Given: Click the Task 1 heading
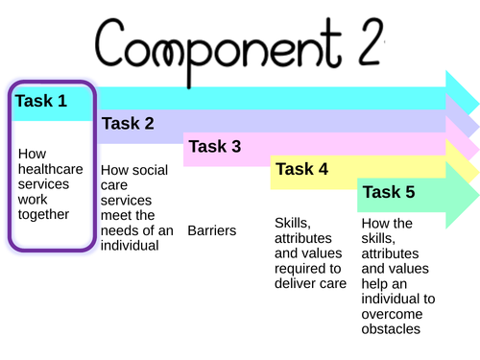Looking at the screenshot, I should (x=42, y=100).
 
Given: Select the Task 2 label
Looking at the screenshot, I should (x=128, y=123).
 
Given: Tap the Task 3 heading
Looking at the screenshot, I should (x=215, y=146).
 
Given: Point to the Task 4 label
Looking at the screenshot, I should (x=301, y=169).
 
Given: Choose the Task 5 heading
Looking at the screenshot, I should (x=389, y=192).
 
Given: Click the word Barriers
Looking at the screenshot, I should (x=212, y=230).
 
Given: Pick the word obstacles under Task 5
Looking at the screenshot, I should (x=391, y=329).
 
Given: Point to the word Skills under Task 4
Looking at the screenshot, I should (x=292, y=223).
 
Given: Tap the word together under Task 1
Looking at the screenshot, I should (x=44, y=215).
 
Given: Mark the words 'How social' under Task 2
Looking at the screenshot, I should (x=134, y=170).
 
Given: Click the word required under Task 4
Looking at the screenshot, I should (x=300, y=269).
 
